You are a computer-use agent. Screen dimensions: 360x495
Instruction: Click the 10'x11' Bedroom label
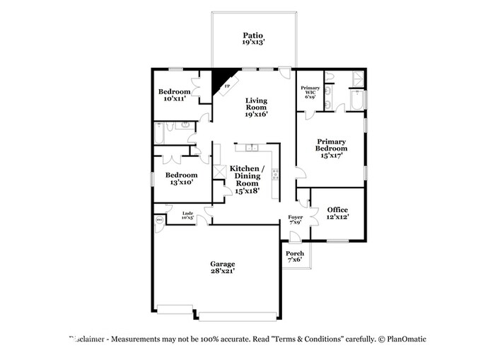click(174, 95)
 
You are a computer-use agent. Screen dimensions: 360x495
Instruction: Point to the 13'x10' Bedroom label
click(181, 178)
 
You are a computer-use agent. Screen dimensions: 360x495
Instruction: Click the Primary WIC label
click(311, 91)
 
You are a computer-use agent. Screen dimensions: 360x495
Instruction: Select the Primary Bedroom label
click(331, 148)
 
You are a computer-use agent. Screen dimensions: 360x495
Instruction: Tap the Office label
click(337, 213)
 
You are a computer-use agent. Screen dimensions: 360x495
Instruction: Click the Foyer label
click(296, 220)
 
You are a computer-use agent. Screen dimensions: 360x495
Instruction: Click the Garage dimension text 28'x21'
click(222, 270)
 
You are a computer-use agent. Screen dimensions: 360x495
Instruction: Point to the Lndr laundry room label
click(187, 215)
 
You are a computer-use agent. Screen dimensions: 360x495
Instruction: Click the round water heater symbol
click(158, 220)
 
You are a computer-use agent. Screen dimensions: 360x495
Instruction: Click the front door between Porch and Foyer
click(296, 242)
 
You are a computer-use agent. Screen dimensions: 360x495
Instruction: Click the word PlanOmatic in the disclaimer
click(406, 339)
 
